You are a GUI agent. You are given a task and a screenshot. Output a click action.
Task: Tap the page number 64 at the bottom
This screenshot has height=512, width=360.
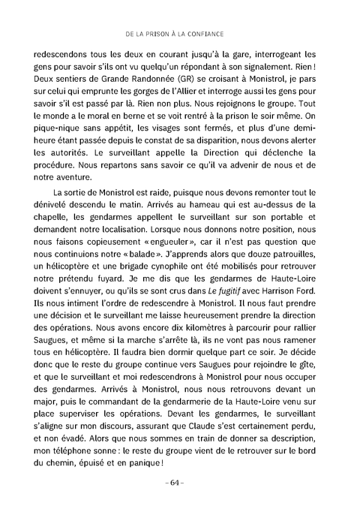(180, 482)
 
